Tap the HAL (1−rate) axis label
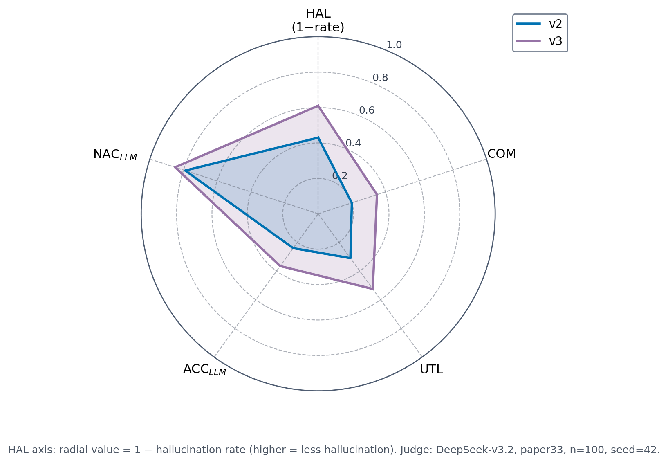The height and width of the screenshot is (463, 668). [318, 20]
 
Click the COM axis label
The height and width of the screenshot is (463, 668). [502, 154]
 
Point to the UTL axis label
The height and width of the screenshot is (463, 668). [431, 369]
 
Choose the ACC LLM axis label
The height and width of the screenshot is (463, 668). [204, 369]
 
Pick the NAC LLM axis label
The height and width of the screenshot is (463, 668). [115, 155]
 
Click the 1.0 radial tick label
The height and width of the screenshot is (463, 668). [394, 45]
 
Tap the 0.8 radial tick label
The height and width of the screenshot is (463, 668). [380, 78]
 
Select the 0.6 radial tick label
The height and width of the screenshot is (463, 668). [367, 110]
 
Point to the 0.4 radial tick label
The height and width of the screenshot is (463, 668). [353, 143]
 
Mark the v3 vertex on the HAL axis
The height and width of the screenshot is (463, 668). [318, 106]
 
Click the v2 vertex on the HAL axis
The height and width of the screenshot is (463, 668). [318, 138]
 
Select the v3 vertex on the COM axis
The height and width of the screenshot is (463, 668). [377, 195]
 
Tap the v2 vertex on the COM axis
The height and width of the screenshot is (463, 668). [352, 202]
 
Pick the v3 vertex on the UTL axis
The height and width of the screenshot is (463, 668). [372, 289]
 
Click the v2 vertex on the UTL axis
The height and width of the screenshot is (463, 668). [350, 258]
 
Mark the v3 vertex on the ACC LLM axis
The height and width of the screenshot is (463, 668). [280, 266]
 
